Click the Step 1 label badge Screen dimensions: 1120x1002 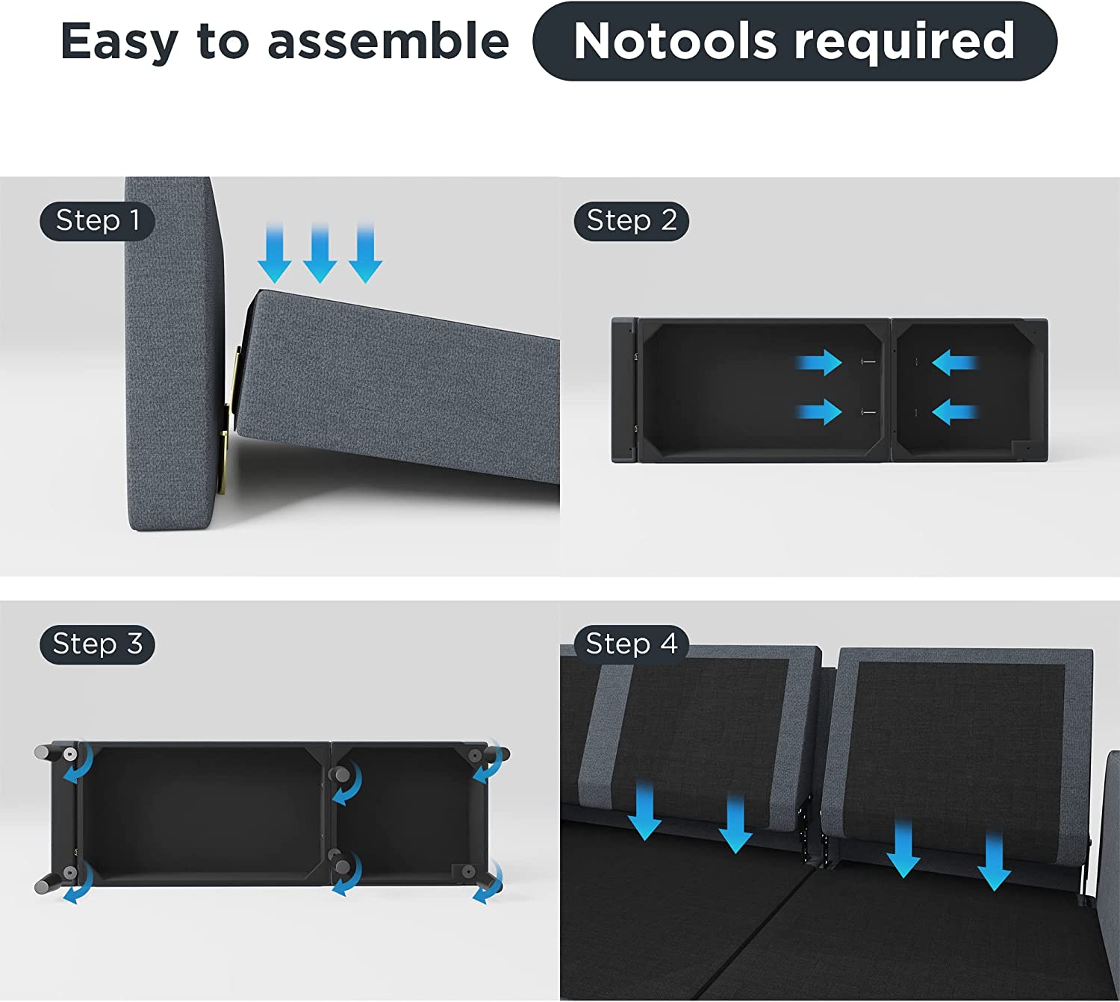click(x=97, y=221)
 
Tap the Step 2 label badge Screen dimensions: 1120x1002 click(x=632, y=221)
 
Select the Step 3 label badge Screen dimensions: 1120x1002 click(x=97, y=644)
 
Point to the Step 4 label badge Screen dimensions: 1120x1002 click(x=632, y=644)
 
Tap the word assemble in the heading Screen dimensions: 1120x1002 click(x=388, y=42)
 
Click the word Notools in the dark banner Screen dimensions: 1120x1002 click(x=676, y=41)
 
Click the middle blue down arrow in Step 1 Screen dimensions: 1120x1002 click(x=320, y=252)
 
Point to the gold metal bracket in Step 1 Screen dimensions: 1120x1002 click(x=231, y=420)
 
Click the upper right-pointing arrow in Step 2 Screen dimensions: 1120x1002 click(x=818, y=363)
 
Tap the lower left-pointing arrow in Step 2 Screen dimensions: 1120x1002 click(x=955, y=412)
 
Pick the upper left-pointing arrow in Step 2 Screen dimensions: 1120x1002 click(x=955, y=363)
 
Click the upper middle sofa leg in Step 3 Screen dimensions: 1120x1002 click(x=340, y=774)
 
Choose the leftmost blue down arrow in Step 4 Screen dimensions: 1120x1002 click(x=645, y=811)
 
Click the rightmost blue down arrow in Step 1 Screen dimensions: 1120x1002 click(x=365, y=252)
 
